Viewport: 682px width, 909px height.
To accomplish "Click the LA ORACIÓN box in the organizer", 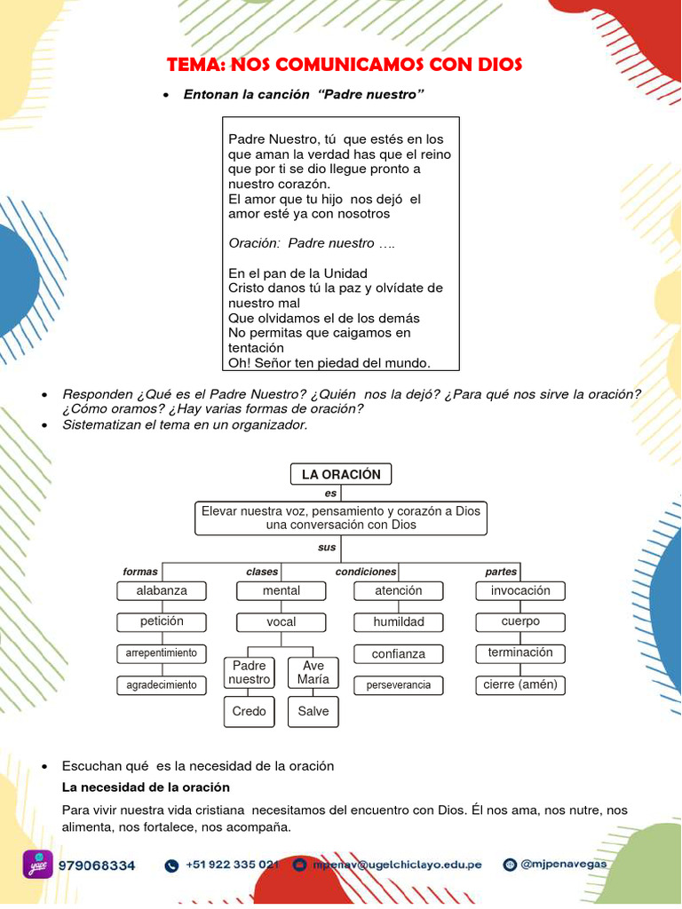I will coord(341,474).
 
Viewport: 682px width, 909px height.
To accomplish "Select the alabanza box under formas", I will coord(162,590).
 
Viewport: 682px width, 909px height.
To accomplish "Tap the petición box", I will coord(162,621).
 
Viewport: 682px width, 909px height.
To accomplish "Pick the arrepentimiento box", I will coord(162,653).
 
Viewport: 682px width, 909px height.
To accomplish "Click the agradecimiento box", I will coord(162,685).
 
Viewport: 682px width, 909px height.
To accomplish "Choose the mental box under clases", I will coord(282,590).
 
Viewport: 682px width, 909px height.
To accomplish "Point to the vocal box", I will coord(282,622).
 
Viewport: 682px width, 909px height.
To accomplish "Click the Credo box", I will coord(250,711).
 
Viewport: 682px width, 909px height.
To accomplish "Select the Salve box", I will coord(313,711).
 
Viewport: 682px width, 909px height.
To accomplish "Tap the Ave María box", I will coord(313,673).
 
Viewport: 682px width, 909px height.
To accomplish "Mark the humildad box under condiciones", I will coord(399,622).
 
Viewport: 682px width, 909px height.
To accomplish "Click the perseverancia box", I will coord(399,685).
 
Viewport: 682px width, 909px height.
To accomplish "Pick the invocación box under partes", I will coord(520,590).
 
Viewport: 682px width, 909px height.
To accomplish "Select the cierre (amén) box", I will coord(520,684).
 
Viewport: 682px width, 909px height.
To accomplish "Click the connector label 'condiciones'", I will coord(366,572).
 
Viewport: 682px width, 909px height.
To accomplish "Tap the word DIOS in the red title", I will coord(496,65).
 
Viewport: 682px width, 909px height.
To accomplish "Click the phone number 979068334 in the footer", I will coord(97,865).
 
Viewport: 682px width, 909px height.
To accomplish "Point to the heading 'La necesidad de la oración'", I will coord(146,787).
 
